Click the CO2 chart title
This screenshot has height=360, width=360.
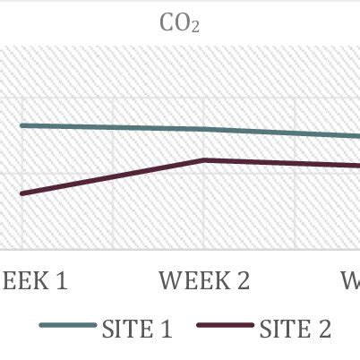pos(179,23)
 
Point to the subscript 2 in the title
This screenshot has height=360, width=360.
pos(194,29)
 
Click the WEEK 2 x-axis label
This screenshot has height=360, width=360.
pos(204,280)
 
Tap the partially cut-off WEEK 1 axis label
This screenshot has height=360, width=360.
pos(33,280)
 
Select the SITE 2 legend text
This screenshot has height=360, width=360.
pos(295,329)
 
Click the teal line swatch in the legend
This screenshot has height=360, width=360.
pos(67,328)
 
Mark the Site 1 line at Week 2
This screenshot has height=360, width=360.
pos(204,129)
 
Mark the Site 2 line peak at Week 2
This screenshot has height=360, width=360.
pos(204,160)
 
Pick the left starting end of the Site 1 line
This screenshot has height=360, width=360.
pos(22,125)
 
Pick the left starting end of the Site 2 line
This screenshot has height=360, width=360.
pos(22,193)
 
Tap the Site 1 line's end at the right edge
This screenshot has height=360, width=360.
pos(356,137)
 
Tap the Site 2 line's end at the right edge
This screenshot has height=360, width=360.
pos(356,165)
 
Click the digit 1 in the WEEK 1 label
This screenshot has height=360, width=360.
pos(61,280)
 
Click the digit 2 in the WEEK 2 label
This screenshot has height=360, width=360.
pos(243,280)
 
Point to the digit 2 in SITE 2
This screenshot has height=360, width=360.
pos(323,329)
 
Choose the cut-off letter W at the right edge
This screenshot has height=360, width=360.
pos(351,280)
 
